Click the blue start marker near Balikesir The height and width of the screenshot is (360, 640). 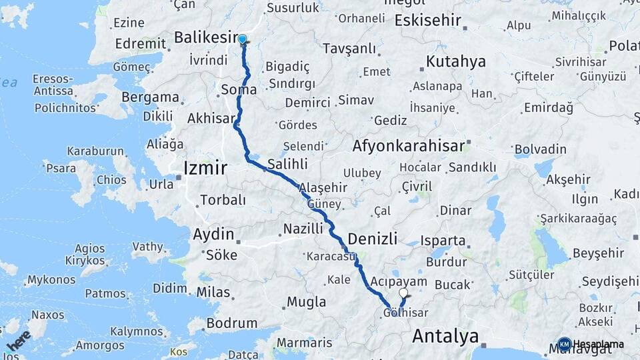tap(242, 39)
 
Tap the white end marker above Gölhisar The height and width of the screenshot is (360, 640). tap(403, 293)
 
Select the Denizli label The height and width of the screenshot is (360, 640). tap(373, 239)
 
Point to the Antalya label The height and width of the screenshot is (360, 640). tap(445, 336)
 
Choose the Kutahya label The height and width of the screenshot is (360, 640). tap(455, 62)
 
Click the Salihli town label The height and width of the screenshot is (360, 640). tap(287, 163)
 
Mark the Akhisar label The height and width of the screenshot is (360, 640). tap(211, 118)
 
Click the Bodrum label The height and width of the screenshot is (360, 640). tap(232, 323)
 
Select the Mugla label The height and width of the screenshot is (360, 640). tap(306, 302)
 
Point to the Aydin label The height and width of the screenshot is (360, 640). tap(213, 235)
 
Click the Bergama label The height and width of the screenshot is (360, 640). tap(151, 97)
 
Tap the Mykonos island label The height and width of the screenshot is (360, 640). tap(47, 279)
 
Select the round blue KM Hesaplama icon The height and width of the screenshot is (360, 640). tap(564, 344)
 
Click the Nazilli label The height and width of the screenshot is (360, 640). tap(303, 229)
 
